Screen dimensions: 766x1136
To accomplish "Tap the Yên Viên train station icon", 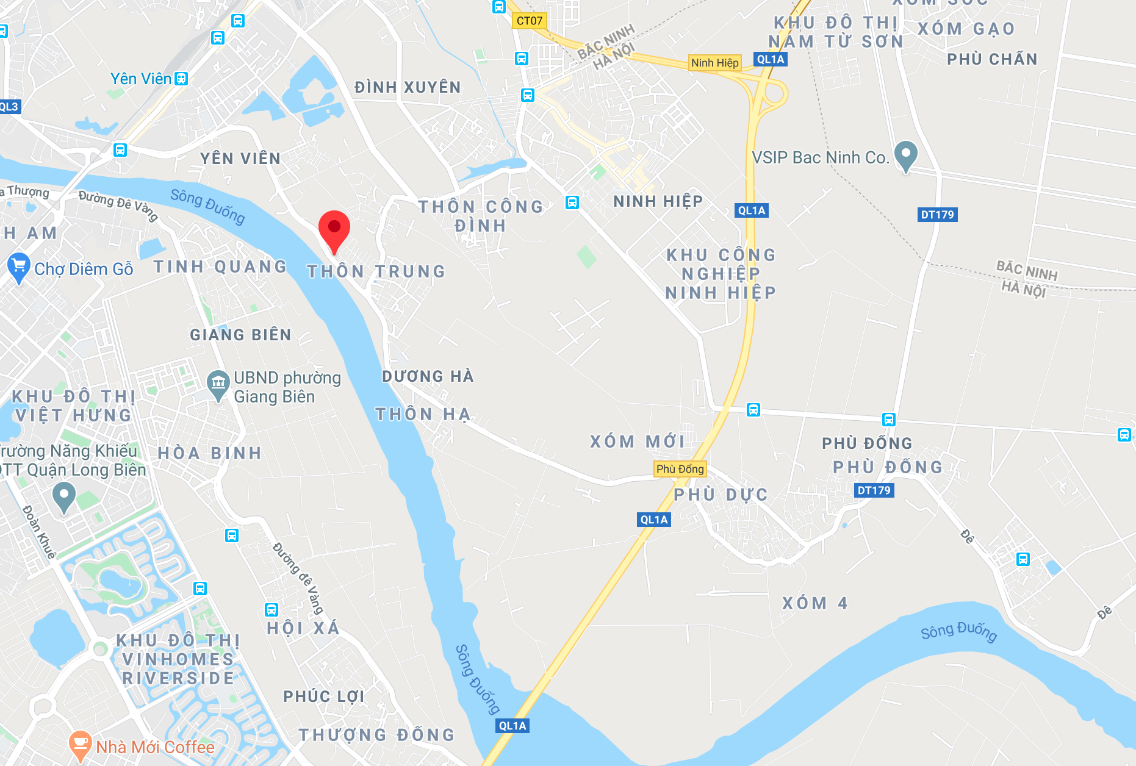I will tap(181, 79).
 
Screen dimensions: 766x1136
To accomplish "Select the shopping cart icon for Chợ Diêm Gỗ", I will tap(19, 267).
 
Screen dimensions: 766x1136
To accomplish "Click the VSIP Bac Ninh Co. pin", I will tap(905, 155).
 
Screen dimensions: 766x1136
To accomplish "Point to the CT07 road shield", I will tap(529, 21).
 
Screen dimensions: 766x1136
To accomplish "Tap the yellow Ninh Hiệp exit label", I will tap(714, 63).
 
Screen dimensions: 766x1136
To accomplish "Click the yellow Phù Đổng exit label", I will tap(680, 469).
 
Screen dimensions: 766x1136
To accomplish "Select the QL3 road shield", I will tap(9, 107).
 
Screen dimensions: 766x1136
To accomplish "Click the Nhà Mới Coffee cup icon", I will tap(80, 745).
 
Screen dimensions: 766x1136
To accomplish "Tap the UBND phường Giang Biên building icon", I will tap(218, 384).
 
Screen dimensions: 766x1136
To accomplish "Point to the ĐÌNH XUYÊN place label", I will tap(407, 87).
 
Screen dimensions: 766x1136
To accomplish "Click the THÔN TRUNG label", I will tap(376, 271).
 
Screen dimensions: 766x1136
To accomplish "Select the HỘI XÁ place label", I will tap(303, 628).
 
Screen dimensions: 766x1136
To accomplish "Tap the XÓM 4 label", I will tap(814, 603).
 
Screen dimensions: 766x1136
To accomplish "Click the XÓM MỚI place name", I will tap(637, 441).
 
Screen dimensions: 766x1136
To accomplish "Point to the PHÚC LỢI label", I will tap(323, 696).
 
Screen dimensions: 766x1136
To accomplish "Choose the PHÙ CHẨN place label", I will tap(991, 59).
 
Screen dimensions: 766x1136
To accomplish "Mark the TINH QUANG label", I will tap(220, 267).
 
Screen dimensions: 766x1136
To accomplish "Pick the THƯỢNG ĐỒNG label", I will tap(376, 735).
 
